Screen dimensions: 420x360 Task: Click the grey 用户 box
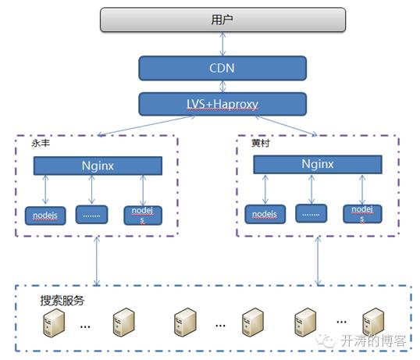click(222, 20)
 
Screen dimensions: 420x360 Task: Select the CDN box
click(222, 68)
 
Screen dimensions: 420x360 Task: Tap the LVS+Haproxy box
click(222, 104)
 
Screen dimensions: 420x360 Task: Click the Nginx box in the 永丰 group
click(98, 166)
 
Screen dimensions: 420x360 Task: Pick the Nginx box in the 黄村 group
click(318, 164)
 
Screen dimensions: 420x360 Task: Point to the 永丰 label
click(41, 144)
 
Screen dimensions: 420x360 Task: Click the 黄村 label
click(261, 144)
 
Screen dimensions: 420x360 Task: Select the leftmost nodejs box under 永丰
click(45, 216)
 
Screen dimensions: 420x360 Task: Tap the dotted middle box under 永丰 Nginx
click(91, 215)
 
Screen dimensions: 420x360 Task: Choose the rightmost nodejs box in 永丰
click(143, 216)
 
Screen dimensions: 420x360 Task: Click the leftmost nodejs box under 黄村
click(265, 214)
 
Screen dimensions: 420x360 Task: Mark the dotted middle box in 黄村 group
click(311, 213)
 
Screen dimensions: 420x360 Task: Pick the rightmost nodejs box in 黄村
click(362, 214)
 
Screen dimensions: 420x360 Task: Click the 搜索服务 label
click(62, 301)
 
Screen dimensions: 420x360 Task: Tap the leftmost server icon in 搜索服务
click(54, 323)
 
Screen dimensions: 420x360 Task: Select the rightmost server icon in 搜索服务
click(373, 323)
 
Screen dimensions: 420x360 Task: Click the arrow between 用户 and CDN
click(222, 44)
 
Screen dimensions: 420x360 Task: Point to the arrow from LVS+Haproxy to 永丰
click(146, 126)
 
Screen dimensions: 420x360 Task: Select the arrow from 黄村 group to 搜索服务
click(318, 261)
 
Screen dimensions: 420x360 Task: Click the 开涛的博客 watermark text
click(373, 340)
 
